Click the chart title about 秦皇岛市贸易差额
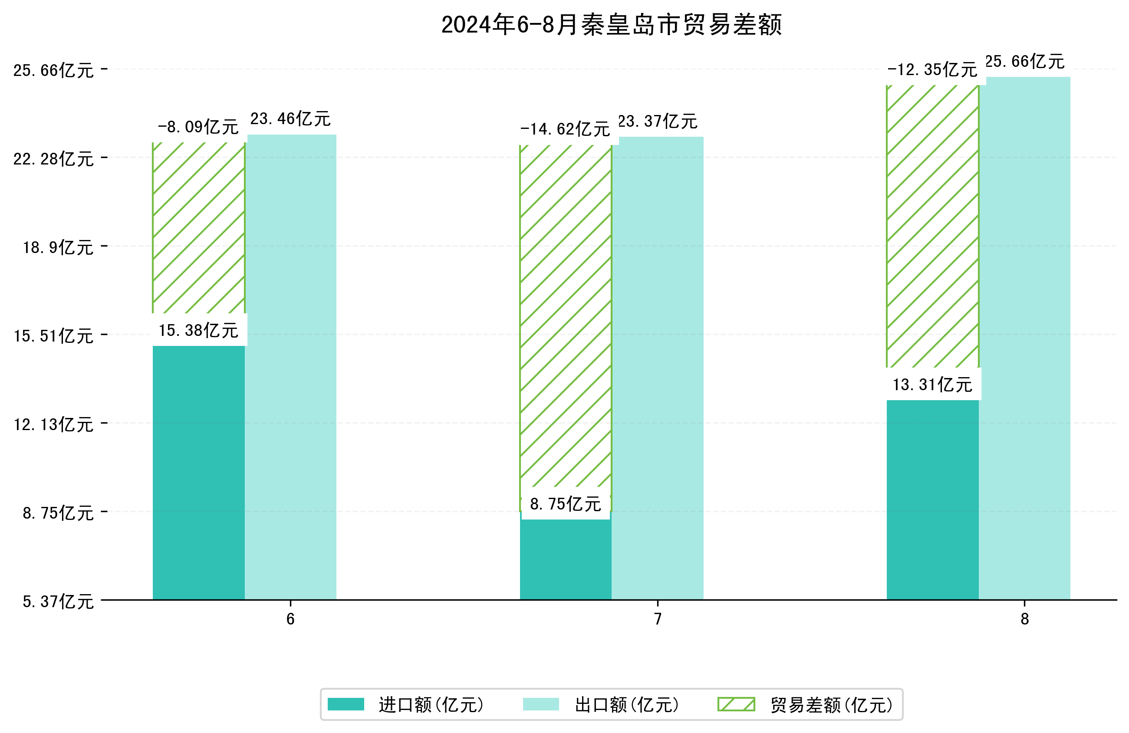pyautogui.click(x=611, y=25)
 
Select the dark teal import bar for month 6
pyautogui.click(x=198, y=472)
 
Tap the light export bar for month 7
pyautogui.click(x=657, y=368)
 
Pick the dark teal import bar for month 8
pyautogui.click(x=932, y=499)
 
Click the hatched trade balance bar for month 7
pyautogui.click(x=565, y=316)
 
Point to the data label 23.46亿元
pyautogui.click(x=290, y=118)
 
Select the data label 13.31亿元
pyautogui.click(x=932, y=384)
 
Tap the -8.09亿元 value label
pyautogui.click(x=198, y=127)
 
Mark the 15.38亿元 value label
pyautogui.click(x=198, y=330)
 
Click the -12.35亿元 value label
pyautogui.click(x=932, y=70)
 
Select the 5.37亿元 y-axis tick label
pyautogui.click(x=58, y=602)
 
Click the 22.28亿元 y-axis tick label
pyautogui.click(x=53, y=158)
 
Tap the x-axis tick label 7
pyautogui.click(x=658, y=619)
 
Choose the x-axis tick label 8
pyautogui.click(x=1025, y=619)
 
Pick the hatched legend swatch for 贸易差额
pyautogui.click(x=736, y=704)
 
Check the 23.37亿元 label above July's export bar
pyautogui.click(x=658, y=122)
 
